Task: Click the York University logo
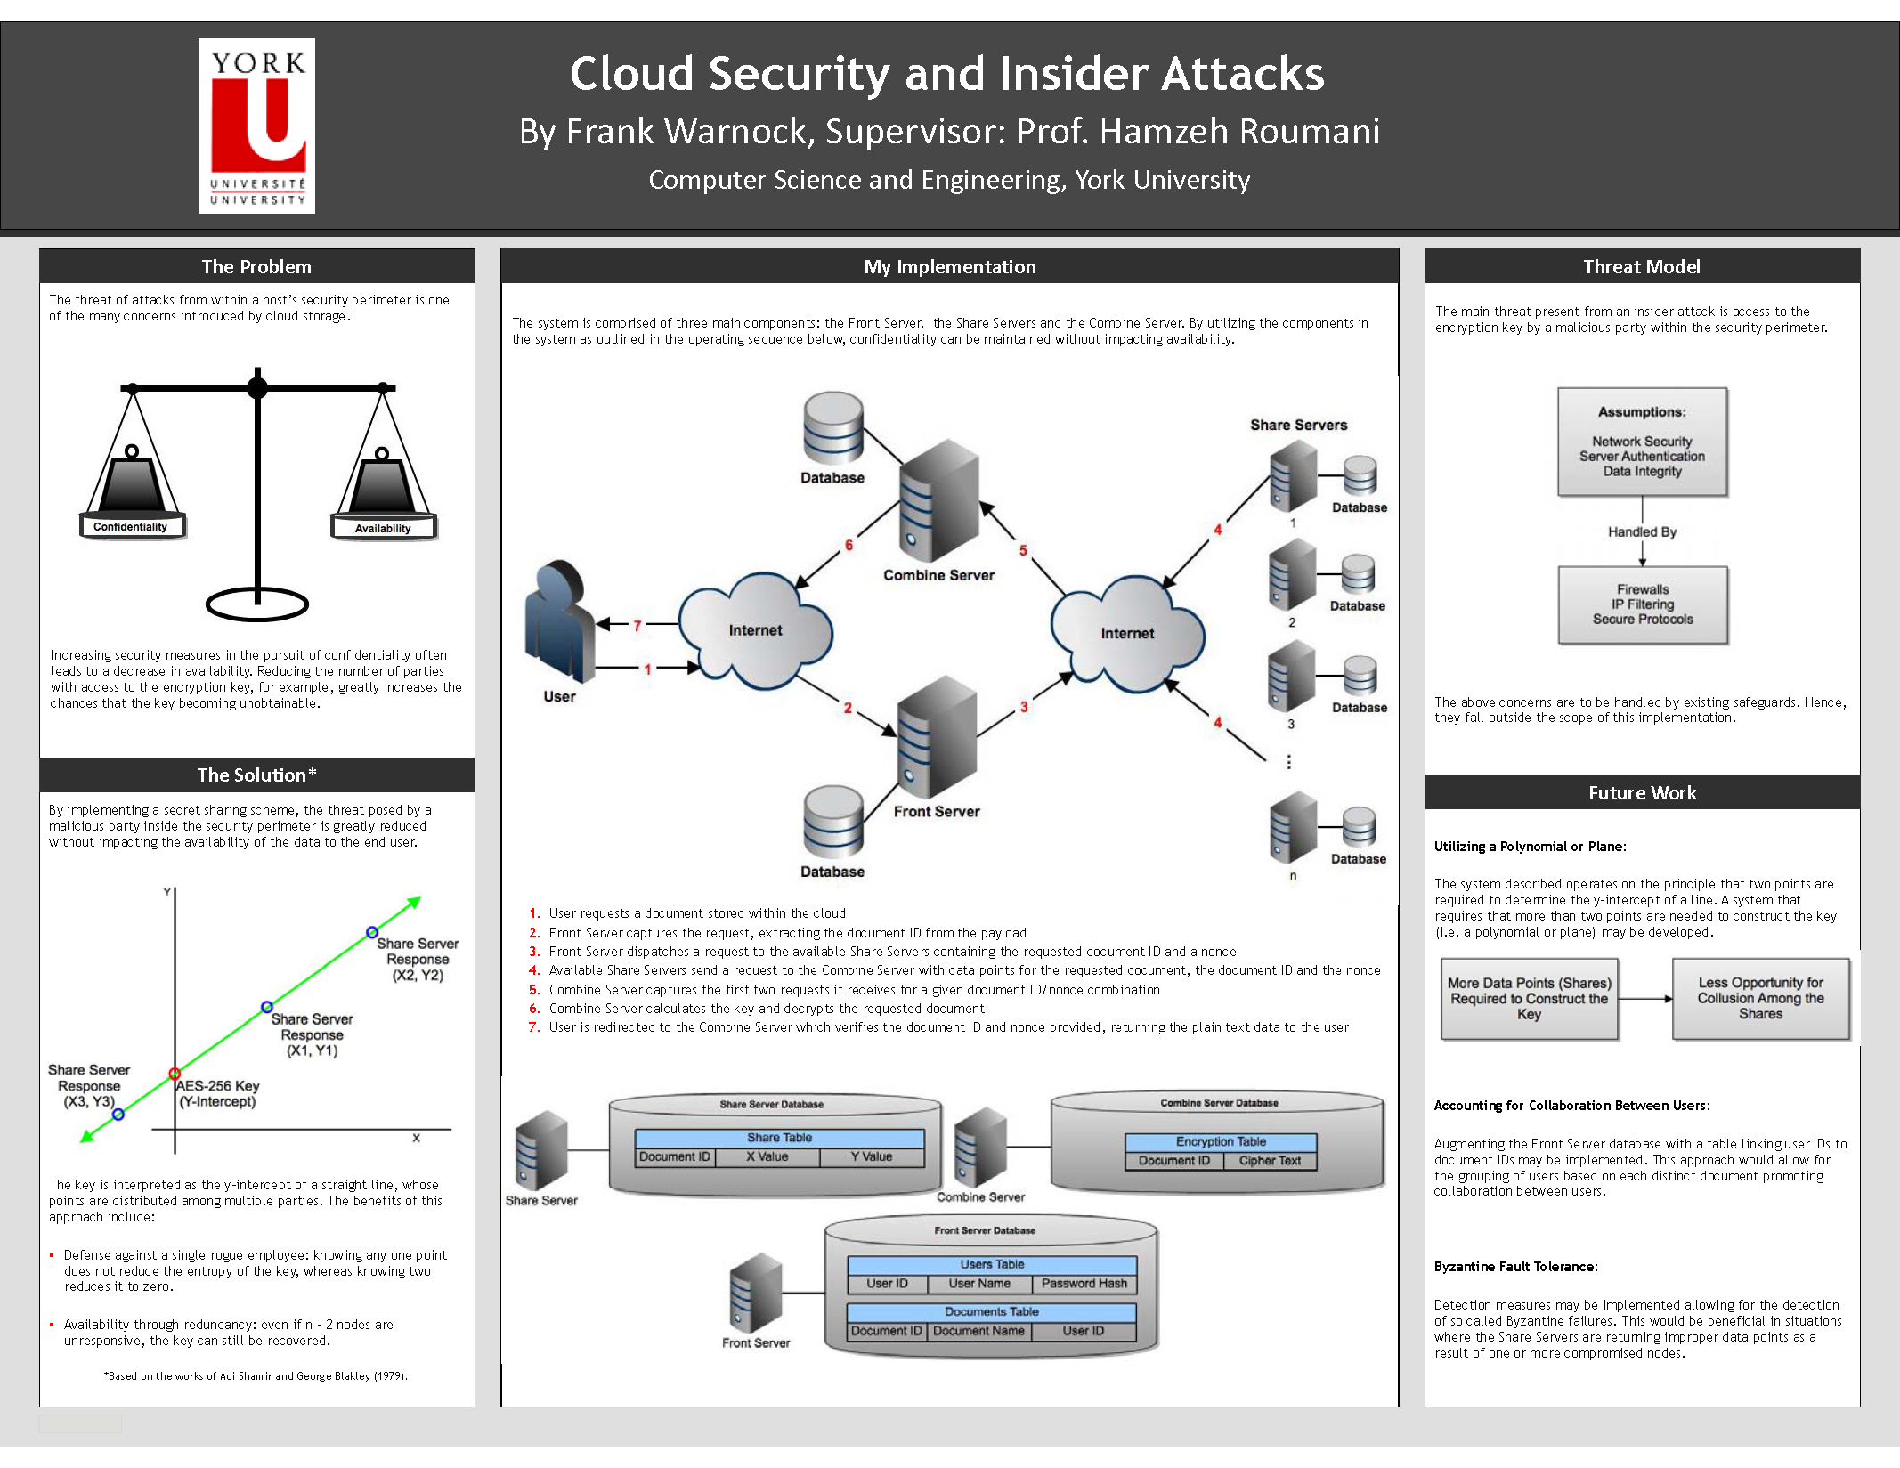(256, 126)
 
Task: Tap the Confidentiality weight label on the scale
(131, 527)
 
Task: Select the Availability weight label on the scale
(383, 528)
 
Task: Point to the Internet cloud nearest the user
(755, 629)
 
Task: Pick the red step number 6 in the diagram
(849, 545)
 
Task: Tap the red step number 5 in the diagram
(1023, 550)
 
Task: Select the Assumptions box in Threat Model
(1642, 442)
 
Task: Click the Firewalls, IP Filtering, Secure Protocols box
(1643, 604)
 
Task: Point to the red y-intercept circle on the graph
(175, 1073)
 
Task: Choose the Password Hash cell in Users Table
(1084, 1284)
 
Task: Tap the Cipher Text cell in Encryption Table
(1270, 1161)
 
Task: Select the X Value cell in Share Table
(767, 1156)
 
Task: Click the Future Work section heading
(1642, 792)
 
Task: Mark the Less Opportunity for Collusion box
(1760, 998)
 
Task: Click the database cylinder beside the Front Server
(832, 822)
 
